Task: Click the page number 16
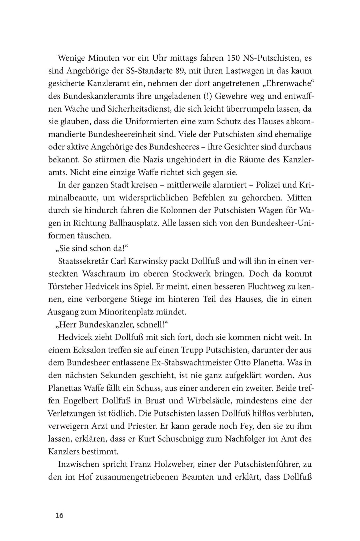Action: pyautogui.click(x=59, y=515)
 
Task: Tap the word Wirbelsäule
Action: pyautogui.click(x=186, y=400)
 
